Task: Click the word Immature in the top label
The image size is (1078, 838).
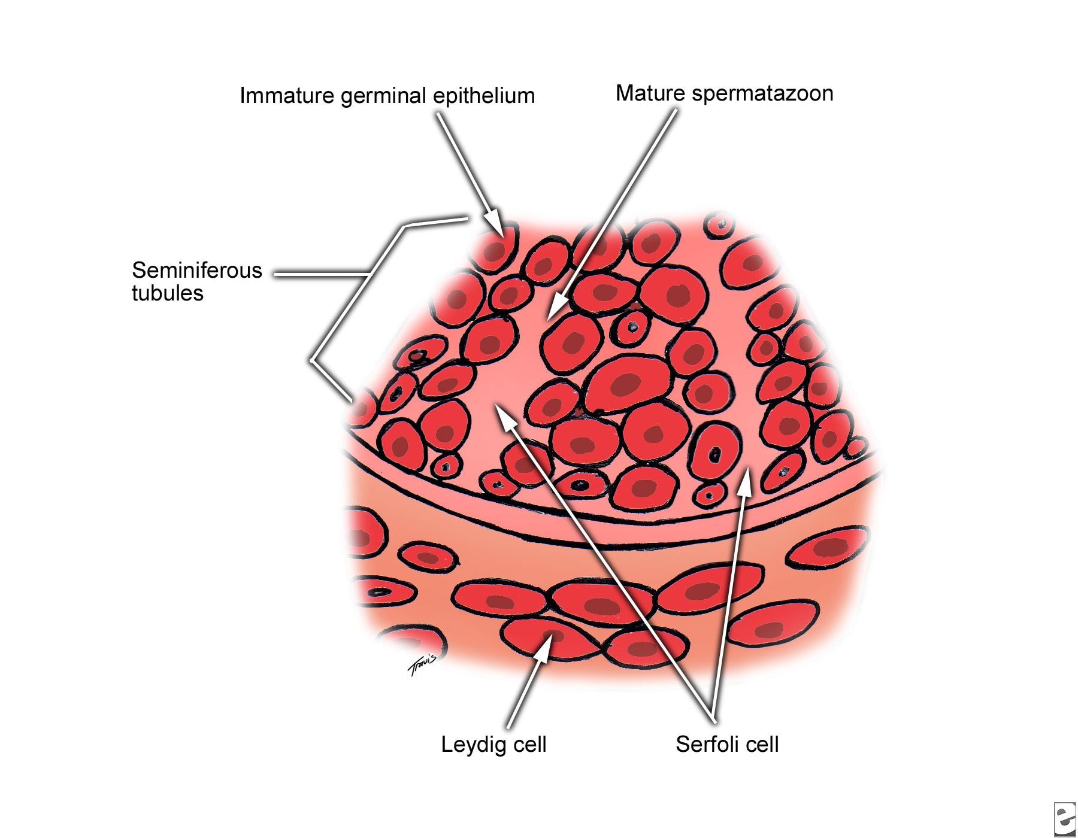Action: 288,96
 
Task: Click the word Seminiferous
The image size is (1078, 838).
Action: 197,271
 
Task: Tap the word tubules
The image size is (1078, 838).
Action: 168,293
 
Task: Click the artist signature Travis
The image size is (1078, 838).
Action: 422,666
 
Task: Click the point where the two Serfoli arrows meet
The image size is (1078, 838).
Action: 712,716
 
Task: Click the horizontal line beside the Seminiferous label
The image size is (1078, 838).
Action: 321,275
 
